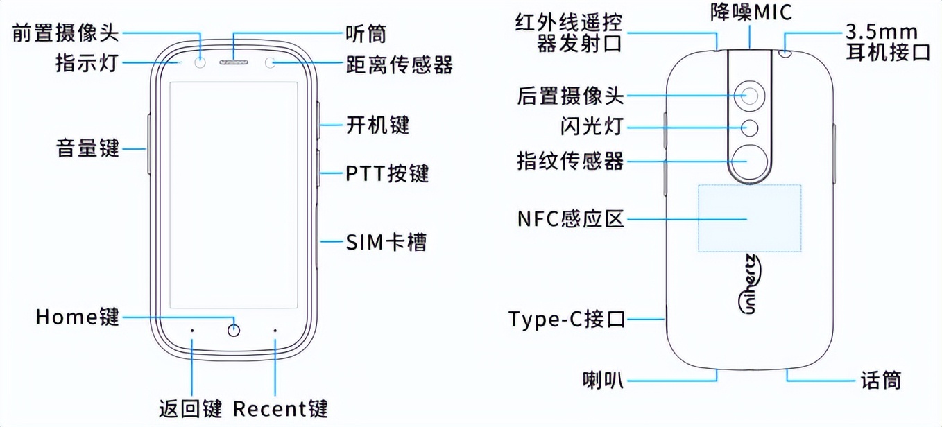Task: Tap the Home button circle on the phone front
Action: click(234, 330)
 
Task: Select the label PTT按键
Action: click(387, 173)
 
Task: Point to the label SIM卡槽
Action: click(386, 242)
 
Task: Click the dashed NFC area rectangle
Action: click(750, 218)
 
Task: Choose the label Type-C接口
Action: click(567, 320)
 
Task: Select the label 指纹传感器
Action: click(570, 161)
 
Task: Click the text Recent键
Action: click(280, 408)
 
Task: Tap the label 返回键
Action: click(189, 408)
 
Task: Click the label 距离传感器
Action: click(400, 65)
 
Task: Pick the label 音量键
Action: click(88, 148)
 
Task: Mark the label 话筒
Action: click(880, 380)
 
